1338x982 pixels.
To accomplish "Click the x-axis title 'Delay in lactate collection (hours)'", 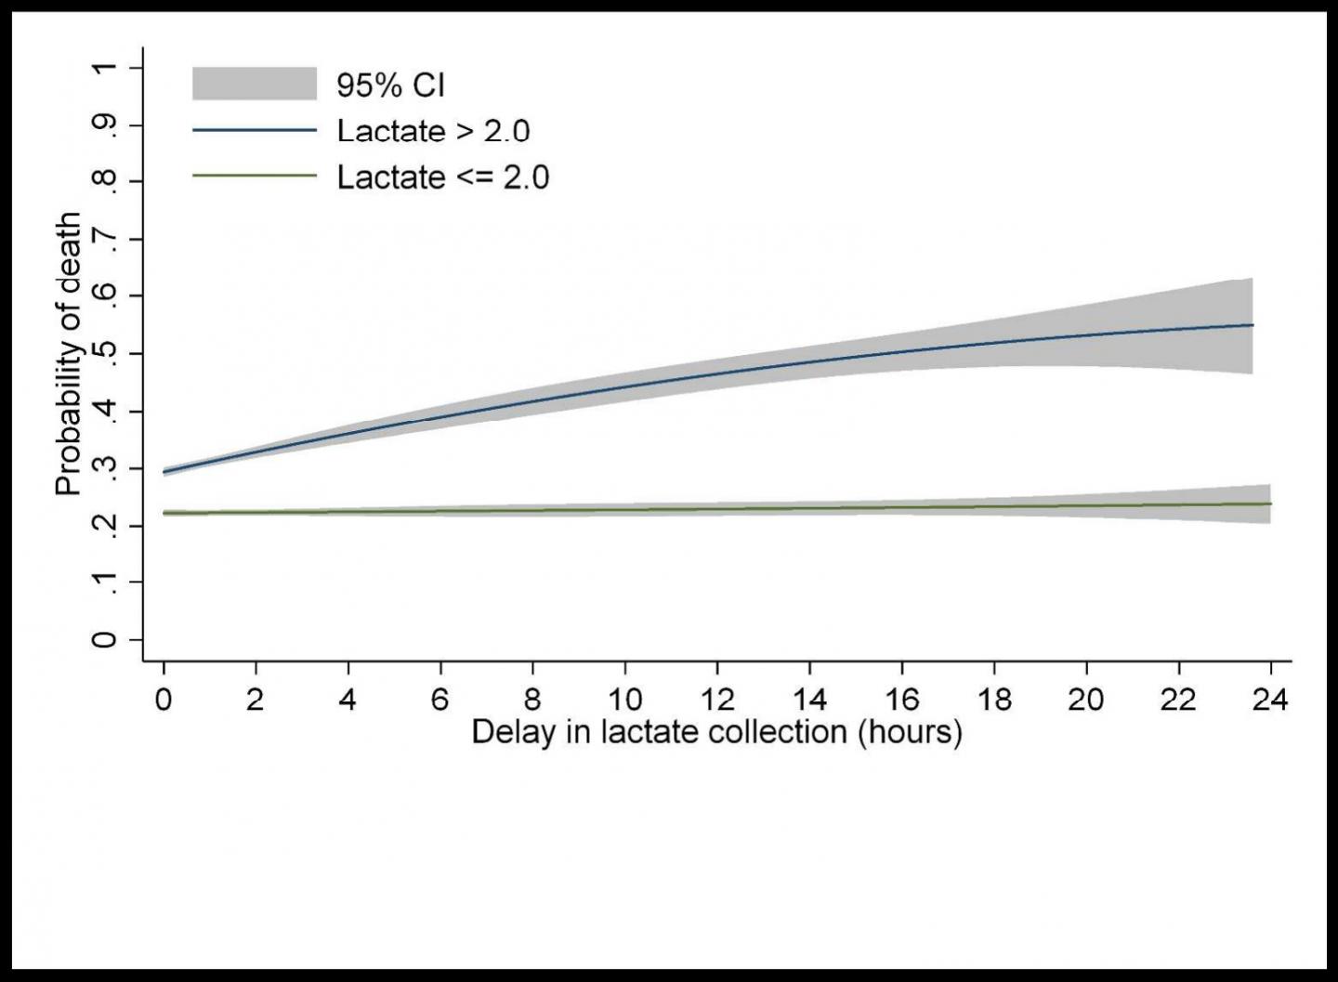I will (716, 732).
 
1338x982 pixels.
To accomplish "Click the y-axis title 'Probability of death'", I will (69, 354).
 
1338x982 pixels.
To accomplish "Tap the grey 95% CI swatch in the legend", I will (255, 84).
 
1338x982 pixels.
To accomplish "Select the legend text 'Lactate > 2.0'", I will (433, 131).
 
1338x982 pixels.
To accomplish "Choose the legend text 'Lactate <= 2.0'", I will (443, 177).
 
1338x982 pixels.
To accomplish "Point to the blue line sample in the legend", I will (255, 130).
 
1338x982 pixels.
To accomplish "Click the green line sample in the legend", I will (255, 176).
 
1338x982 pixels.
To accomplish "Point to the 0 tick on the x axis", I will (164, 699).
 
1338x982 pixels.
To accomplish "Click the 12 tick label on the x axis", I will (716, 699).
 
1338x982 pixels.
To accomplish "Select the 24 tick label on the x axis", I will (1270, 699).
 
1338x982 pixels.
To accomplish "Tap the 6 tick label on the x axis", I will (439, 699).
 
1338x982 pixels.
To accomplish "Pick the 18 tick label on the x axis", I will (993, 699).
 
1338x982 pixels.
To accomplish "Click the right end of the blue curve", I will (1253, 325).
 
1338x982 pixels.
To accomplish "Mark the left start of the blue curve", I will (164, 472).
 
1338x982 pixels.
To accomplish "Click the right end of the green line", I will (1270, 504).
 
